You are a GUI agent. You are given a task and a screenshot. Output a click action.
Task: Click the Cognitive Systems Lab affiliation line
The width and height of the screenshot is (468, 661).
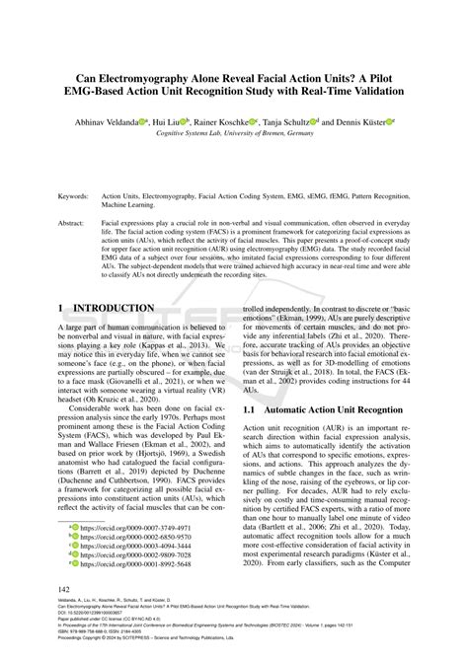[233, 132]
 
